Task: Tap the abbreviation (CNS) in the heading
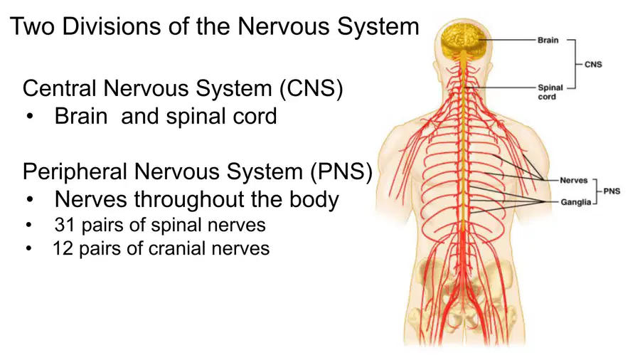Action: click(311, 88)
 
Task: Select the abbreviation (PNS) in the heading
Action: click(341, 171)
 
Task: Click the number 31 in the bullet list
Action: click(65, 225)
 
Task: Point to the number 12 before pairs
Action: click(63, 248)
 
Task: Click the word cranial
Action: click(178, 248)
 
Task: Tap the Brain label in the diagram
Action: click(548, 40)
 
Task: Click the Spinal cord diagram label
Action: click(550, 92)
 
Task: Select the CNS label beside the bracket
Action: click(593, 65)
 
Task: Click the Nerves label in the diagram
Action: click(573, 181)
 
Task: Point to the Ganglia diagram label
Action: click(575, 202)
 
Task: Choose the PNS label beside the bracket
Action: click(612, 191)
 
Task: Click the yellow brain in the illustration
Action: click(464, 41)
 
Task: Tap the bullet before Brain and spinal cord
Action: click(29, 117)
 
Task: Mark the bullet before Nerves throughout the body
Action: click(29, 200)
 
